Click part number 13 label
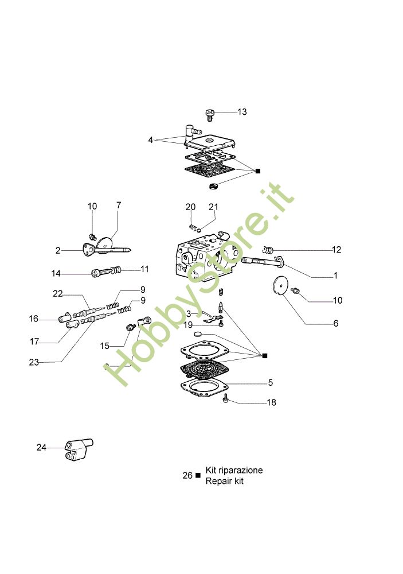point(242,112)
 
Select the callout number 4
point(150,140)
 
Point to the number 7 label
point(119,205)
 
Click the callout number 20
point(190,207)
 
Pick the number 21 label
point(213,207)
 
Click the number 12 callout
point(336,250)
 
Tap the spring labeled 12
point(267,249)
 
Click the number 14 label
point(56,273)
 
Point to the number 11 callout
point(144,269)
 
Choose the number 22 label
point(57,294)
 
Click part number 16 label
point(34,319)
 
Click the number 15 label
point(104,346)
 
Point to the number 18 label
point(271,402)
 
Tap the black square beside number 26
point(198,475)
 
